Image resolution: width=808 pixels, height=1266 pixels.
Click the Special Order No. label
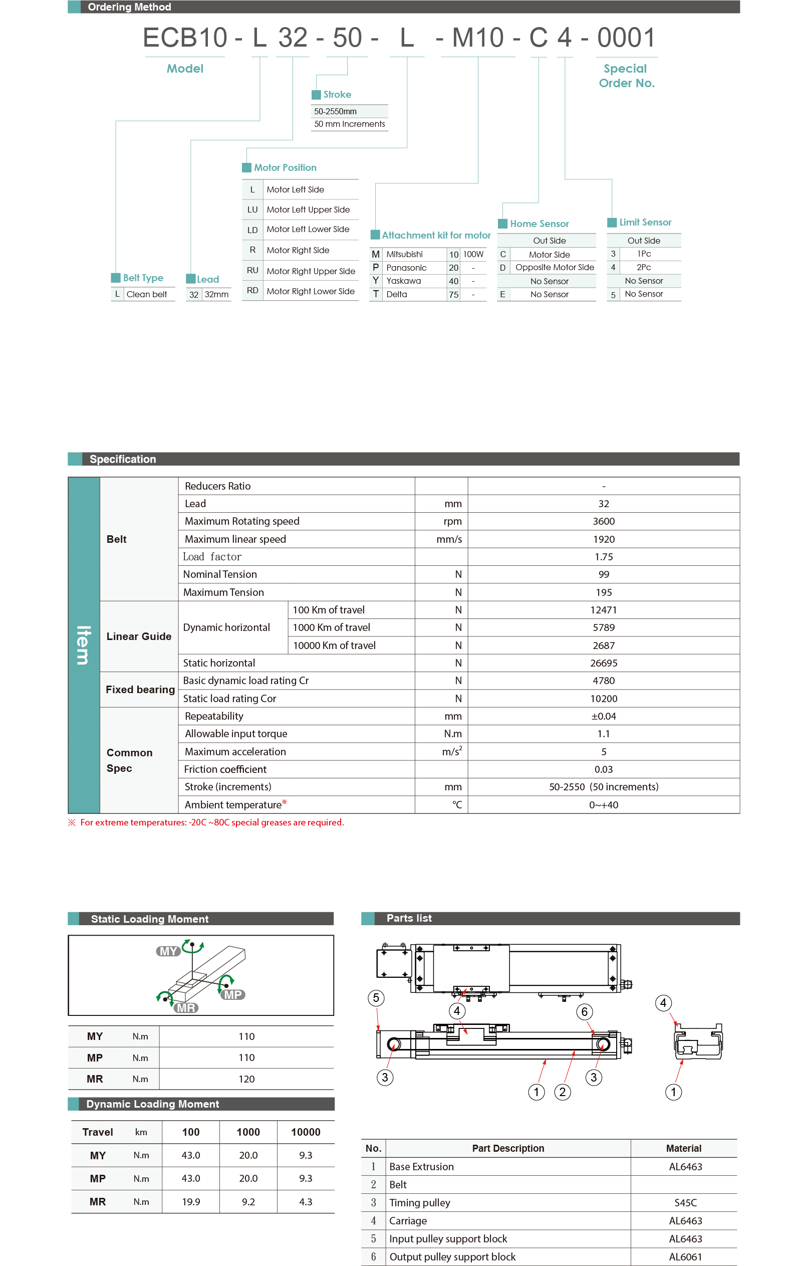click(626, 76)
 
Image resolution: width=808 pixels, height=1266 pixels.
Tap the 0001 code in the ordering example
click(626, 38)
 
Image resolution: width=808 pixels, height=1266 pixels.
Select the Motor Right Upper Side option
click(311, 271)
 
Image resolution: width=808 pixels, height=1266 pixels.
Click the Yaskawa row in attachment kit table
click(403, 281)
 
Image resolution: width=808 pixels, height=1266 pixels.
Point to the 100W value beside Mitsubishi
click(473, 255)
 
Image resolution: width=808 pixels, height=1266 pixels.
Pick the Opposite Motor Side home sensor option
click(554, 267)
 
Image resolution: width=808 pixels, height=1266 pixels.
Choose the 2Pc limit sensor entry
click(644, 267)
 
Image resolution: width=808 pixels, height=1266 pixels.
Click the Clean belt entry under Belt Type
click(147, 294)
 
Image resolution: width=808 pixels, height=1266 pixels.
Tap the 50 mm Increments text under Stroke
click(349, 124)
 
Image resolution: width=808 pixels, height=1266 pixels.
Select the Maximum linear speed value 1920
click(603, 539)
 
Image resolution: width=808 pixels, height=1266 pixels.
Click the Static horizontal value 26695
click(603, 663)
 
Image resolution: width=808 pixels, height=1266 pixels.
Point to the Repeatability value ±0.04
click(603, 716)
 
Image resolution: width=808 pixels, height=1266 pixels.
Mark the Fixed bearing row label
click(140, 689)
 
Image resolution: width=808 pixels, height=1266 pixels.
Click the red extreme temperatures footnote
click(211, 822)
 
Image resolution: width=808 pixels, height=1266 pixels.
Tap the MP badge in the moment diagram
click(233, 995)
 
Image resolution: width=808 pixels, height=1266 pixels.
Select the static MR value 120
click(246, 1079)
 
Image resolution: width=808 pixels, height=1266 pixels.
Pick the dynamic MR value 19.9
click(191, 1202)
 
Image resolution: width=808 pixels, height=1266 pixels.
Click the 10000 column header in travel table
click(305, 1132)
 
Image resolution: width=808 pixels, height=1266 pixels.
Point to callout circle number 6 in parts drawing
click(584, 1011)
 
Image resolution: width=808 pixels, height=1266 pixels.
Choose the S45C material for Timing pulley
click(685, 1203)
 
